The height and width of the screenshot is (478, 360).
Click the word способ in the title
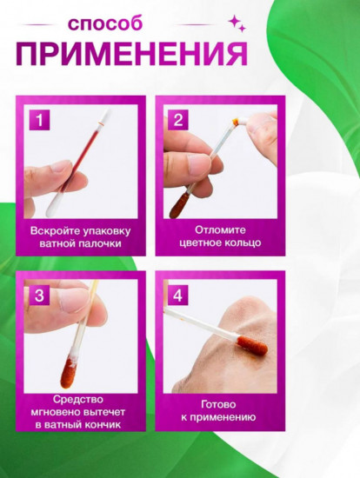coord(105,24)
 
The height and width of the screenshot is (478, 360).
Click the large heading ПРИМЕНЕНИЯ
coord(131,54)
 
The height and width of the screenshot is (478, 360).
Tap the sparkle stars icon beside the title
coord(237,23)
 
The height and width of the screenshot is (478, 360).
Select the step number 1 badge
coord(39,120)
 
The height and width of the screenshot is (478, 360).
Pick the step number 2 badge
coord(178,120)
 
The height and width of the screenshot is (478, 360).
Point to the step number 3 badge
coord(39,295)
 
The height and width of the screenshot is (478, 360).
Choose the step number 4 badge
coord(178,295)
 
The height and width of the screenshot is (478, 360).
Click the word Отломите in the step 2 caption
coord(220,229)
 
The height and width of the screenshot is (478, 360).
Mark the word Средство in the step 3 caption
coord(77,400)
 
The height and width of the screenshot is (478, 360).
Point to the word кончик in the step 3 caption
coord(103,425)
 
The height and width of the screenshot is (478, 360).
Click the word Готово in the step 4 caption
coord(218,404)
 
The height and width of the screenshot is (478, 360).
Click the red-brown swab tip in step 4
coord(252,345)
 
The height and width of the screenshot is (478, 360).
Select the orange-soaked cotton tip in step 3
coord(69,373)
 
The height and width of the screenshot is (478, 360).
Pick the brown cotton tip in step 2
coord(179,205)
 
